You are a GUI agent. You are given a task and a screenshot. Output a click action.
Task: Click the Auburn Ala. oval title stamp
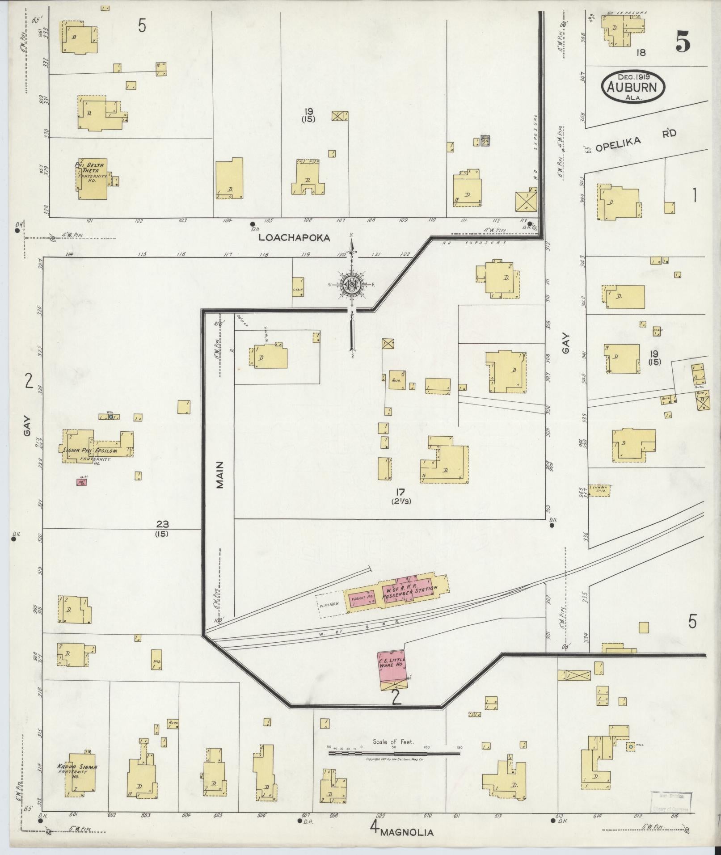pos(633,87)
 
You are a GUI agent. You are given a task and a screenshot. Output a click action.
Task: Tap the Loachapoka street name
pos(295,238)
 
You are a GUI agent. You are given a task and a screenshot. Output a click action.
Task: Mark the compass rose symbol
pos(352,285)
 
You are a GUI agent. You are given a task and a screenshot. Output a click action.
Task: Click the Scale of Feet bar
pos(394,754)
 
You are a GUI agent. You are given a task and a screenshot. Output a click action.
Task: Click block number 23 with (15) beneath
pos(162,528)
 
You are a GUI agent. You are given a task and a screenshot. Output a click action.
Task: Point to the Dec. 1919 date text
pos(633,76)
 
